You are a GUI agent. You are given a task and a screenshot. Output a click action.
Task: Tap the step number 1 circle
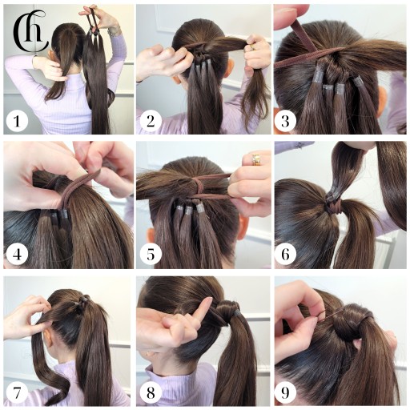tap(17, 121)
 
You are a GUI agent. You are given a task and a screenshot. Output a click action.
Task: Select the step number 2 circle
tap(151, 121)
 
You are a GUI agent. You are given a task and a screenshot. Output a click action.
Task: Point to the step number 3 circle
tap(285, 121)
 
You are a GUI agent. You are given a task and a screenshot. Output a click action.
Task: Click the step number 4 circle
tap(17, 254)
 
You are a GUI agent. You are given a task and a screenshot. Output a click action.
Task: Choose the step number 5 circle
tap(151, 254)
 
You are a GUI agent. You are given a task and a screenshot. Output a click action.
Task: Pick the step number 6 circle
tap(285, 254)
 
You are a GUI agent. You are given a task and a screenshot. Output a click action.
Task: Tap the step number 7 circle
tap(17, 392)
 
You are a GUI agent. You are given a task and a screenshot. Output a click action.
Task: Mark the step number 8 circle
tap(151, 392)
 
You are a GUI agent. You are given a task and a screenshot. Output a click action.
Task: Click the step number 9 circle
tap(285, 392)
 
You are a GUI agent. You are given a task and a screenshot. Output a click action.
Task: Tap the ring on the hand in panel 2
tap(251, 47)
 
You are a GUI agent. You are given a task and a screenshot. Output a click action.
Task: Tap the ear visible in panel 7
tap(48, 339)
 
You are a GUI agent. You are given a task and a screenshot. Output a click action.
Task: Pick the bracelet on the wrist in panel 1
tap(115, 31)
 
